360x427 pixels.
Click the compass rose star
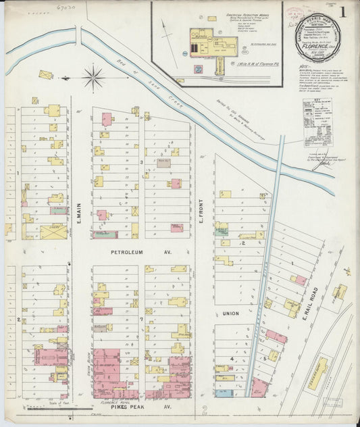click(93, 76)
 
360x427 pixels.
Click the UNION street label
click(231, 313)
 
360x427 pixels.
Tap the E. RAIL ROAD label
click(313, 307)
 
